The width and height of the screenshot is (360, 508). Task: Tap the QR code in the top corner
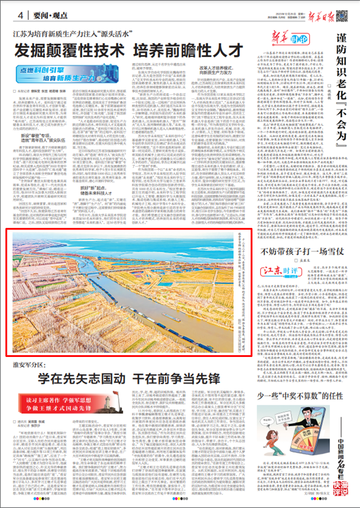click(350, 13)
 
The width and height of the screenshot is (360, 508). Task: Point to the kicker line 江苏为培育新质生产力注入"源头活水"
click(72, 34)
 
